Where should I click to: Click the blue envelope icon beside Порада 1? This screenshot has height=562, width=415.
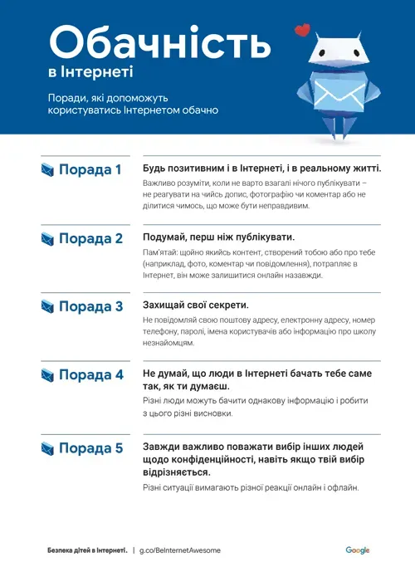(x=47, y=170)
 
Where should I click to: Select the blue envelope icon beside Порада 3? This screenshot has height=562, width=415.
(x=47, y=307)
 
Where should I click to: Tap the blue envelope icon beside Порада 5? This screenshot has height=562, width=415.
(x=47, y=449)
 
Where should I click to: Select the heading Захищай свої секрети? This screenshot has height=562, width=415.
(x=196, y=305)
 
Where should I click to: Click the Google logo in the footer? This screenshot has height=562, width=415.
(x=358, y=550)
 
